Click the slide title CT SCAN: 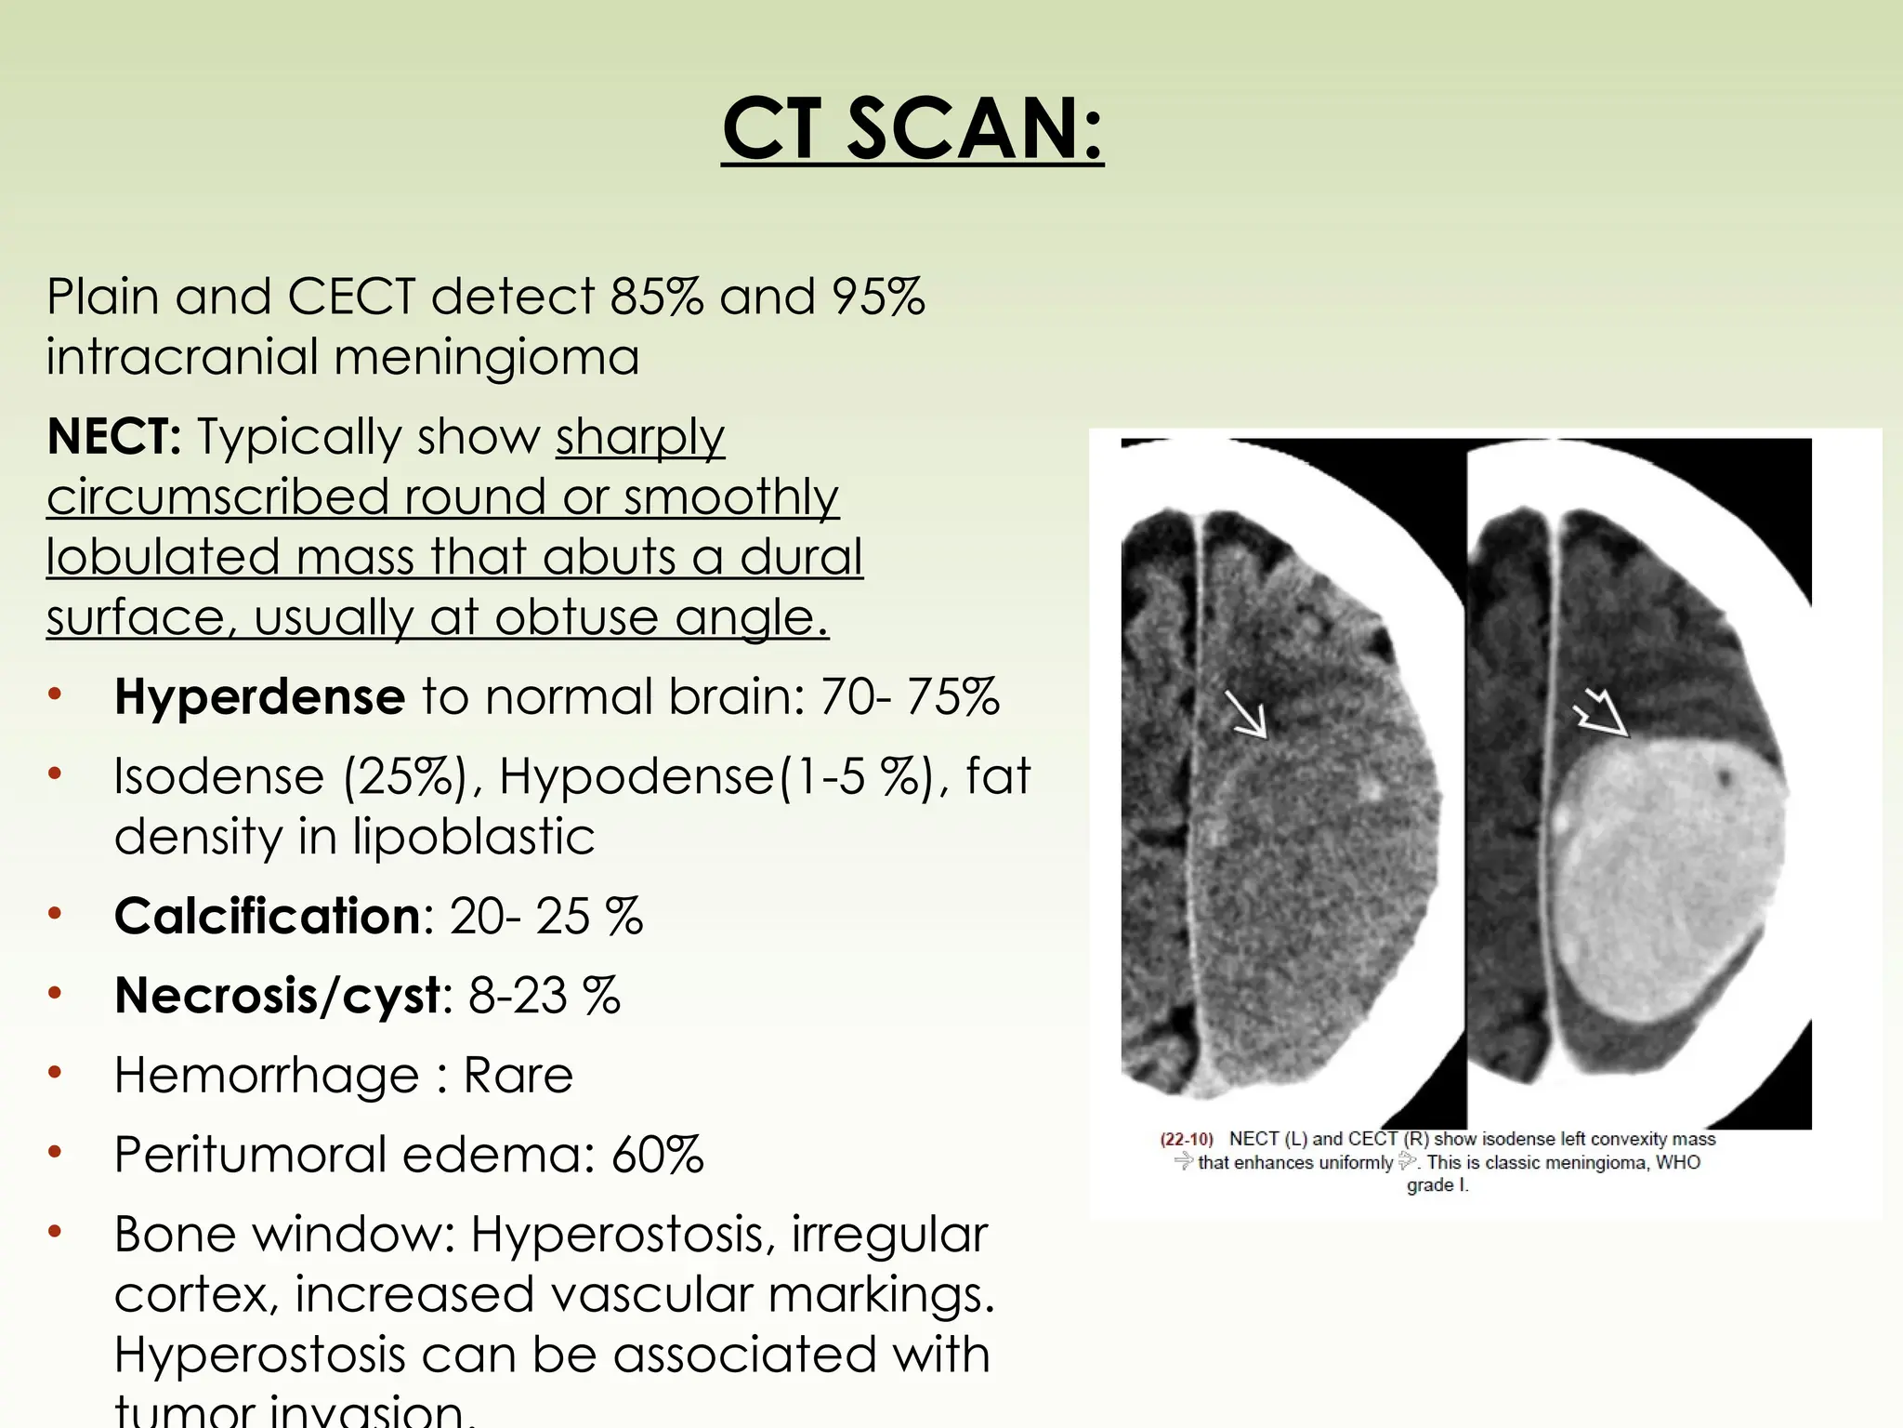[912, 129]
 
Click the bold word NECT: [114, 436]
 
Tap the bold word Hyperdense [259, 696]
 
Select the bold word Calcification [268, 916]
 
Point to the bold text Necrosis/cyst [277, 996]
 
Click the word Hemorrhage [266, 1076]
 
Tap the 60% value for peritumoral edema [657, 1155]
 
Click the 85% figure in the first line [656, 297]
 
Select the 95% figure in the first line [878, 297]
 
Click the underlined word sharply [640, 436]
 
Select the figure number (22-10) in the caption [1187, 1139]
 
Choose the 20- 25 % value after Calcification [546, 916]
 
